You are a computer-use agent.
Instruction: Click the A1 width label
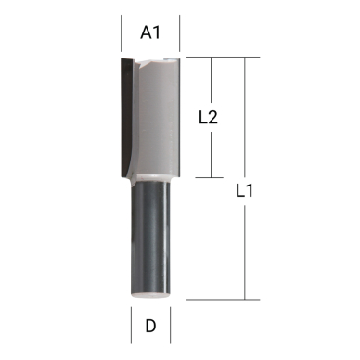point(150,32)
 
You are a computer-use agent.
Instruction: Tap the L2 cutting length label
point(209,118)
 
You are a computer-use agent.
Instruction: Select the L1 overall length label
point(245,193)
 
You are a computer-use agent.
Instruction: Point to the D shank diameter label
point(150,327)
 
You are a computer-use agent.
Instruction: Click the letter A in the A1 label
point(146,32)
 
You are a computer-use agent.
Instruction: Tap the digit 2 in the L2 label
point(213,118)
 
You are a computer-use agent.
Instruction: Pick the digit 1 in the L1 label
point(251,193)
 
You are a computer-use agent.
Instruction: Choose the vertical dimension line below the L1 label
point(245,251)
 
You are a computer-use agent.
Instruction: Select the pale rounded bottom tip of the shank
point(150,295)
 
